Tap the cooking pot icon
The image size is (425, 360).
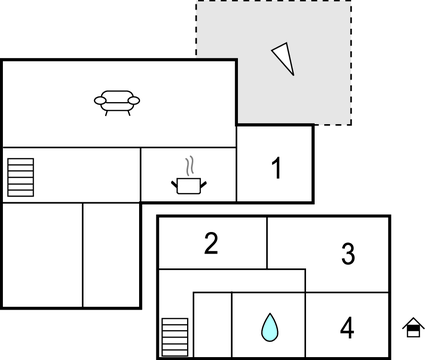[188, 184]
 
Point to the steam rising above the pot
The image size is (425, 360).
[188, 165]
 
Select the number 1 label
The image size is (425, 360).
[277, 169]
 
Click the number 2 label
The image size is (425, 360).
[211, 243]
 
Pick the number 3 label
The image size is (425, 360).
[347, 254]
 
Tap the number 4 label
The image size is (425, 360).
[347, 327]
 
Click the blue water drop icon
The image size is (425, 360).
[268, 326]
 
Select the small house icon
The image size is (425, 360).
[412, 327]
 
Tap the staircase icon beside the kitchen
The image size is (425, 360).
[20, 177]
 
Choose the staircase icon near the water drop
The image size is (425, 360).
[174, 336]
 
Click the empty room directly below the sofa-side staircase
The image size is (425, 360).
[42, 255]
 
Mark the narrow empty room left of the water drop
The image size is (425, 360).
[212, 325]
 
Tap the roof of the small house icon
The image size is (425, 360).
[412, 322]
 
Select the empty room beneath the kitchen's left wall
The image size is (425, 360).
[111, 255]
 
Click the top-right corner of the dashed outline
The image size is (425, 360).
[351, 2]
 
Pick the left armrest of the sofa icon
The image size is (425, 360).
[99, 99]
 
